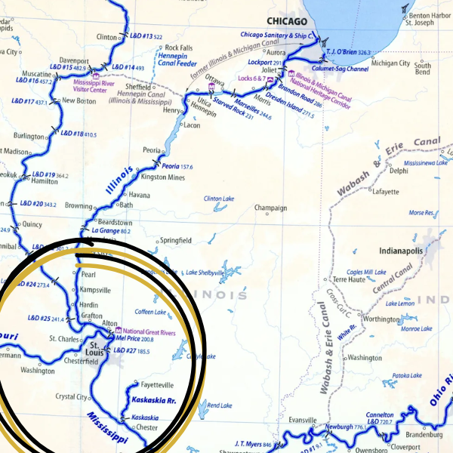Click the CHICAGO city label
[282, 22]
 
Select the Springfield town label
[175, 241]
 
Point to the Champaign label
[270, 208]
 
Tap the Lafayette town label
[385, 192]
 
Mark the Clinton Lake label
[219, 199]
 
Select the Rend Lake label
[220, 405]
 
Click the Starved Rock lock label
[230, 106]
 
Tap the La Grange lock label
[106, 230]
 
